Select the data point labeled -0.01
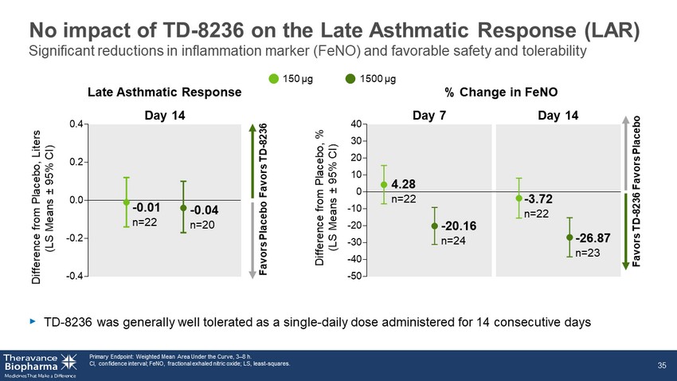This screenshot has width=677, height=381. click(x=126, y=202)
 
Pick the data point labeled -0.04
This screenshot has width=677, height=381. click(x=183, y=208)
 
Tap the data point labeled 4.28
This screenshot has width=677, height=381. click(x=384, y=185)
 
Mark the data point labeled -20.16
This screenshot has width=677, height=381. click(x=435, y=226)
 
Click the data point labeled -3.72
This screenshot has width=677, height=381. click(x=519, y=198)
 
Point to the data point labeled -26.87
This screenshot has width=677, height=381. click(x=569, y=238)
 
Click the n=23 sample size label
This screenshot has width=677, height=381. click(x=588, y=253)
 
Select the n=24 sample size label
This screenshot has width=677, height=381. click(x=453, y=241)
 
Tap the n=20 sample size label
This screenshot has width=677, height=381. click(x=203, y=226)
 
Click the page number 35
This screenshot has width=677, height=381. click(x=662, y=365)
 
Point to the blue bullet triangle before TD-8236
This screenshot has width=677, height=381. click(x=33, y=321)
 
